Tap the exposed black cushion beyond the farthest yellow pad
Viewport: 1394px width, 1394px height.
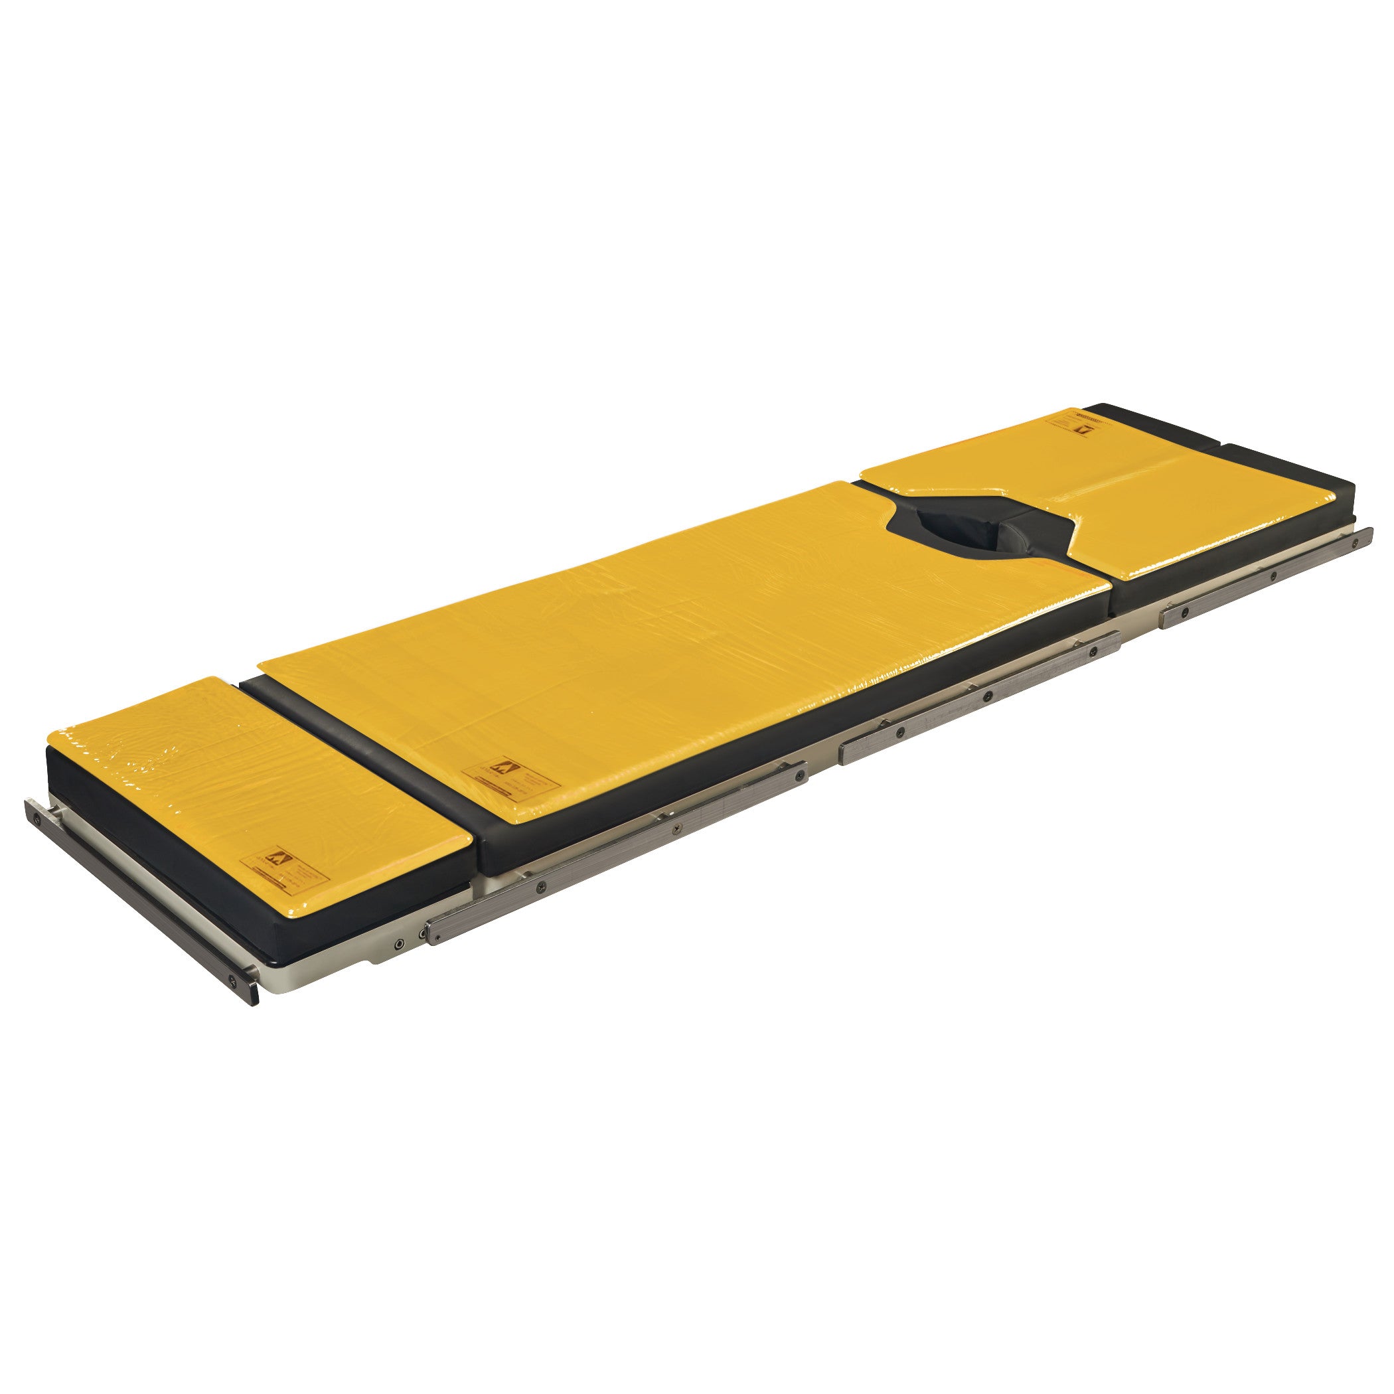[x=1292, y=462]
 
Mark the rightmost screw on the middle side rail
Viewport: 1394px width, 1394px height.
[x=1094, y=652]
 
